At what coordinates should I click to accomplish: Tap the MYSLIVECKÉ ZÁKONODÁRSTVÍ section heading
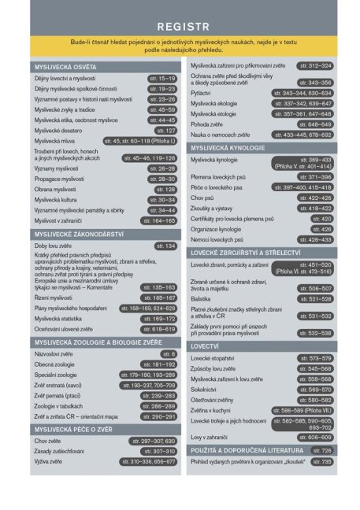[x=77, y=234]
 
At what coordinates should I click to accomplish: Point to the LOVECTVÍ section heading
[x=206, y=346]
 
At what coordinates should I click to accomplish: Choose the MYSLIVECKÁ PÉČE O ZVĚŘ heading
[x=74, y=429]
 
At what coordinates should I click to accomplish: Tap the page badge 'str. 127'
[x=166, y=130]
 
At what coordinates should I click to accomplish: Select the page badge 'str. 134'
[x=165, y=246]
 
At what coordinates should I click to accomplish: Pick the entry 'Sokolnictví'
[x=207, y=389]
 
